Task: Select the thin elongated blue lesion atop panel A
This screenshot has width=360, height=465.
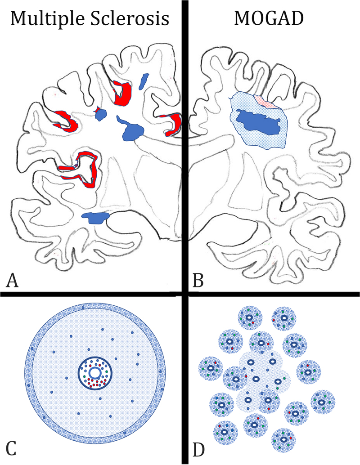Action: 144,81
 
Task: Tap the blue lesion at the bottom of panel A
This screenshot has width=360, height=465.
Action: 96,218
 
